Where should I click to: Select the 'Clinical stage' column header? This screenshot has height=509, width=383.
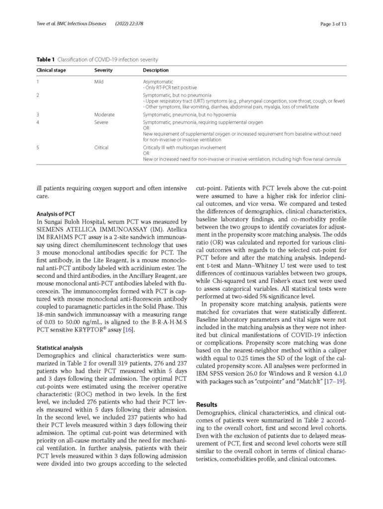tap(51, 70)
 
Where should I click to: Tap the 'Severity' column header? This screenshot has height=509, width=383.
tap(103, 70)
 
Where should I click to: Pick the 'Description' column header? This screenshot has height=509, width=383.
tap(155, 70)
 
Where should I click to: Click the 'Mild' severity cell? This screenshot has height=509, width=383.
tap(99, 82)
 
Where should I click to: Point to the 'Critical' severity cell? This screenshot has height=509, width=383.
tap(101, 148)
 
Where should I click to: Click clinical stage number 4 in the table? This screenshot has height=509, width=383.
tap(38, 122)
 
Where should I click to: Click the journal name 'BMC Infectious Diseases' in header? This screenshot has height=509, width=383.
tap(80, 23)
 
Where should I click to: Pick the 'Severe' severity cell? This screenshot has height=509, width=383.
tap(100, 122)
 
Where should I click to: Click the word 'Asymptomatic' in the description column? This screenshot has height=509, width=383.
tap(158, 82)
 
